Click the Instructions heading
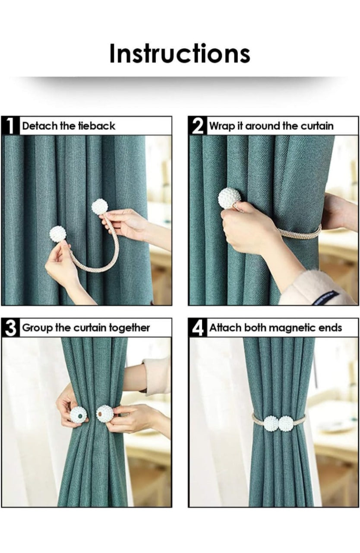180,54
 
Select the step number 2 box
197,126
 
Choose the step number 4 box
197,327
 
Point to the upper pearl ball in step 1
100,207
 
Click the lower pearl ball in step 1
58,234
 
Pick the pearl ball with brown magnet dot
104,414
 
